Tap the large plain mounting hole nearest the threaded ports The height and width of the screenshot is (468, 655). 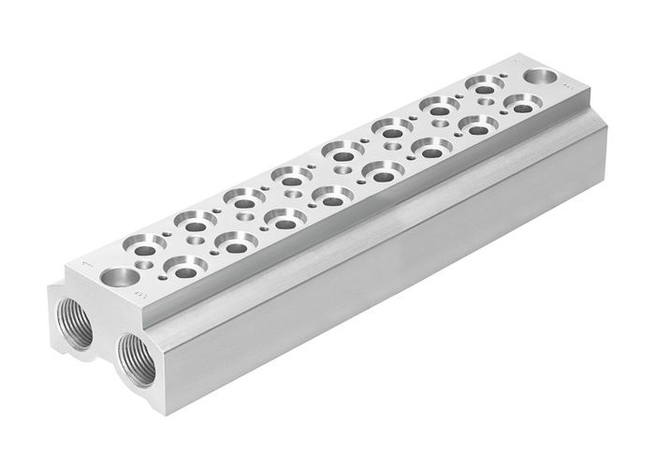[119, 277]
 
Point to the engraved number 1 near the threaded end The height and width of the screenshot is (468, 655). [87, 266]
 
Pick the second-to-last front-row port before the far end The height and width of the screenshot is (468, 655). [477, 125]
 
